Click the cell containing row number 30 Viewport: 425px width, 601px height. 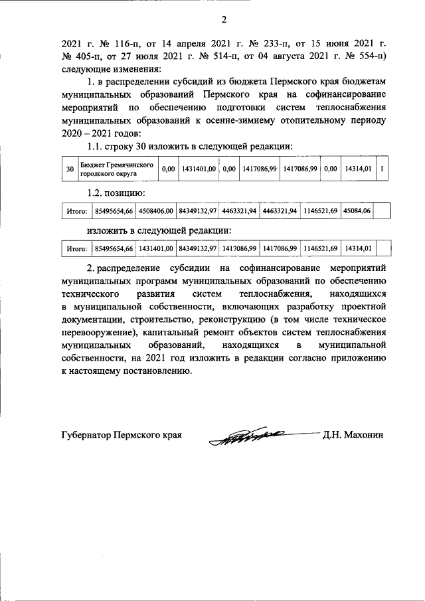click(70, 169)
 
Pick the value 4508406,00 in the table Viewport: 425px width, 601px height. click(156, 211)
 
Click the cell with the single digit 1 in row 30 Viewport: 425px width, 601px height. click(382, 169)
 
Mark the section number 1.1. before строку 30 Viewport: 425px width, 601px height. click(98, 146)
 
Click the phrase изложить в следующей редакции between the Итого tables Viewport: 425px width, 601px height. click(159, 230)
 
